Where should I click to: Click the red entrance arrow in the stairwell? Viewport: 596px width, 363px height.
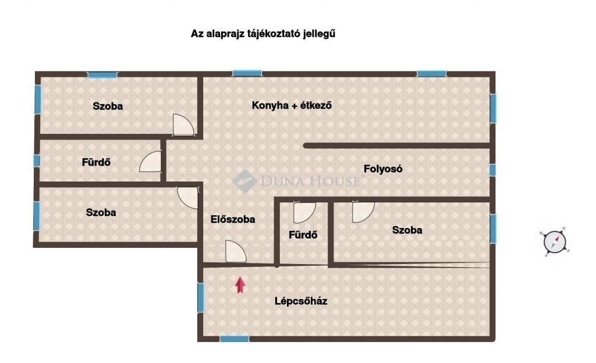(240, 285)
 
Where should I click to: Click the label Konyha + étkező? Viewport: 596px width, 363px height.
(292, 105)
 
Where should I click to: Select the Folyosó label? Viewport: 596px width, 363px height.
(383, 169)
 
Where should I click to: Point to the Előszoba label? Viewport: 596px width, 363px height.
(233, 219)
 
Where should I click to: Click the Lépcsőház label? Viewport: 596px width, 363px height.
(301, 301)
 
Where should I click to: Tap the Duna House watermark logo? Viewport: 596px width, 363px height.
(296, 181)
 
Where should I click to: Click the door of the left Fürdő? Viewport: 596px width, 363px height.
(151, 161)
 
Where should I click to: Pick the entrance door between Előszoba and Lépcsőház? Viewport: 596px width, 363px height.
(235, 251)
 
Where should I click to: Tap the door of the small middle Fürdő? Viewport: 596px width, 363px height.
(304, 212)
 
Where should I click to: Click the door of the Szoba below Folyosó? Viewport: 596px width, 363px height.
(363, 212)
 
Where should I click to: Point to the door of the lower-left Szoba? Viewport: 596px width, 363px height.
(188, 198)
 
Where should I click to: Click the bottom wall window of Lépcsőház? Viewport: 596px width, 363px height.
(235, 339)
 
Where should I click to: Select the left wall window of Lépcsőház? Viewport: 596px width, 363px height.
(200, 298)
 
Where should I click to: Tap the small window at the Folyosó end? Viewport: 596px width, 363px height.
(492, 170)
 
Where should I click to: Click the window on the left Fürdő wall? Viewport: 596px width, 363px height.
(37, 161)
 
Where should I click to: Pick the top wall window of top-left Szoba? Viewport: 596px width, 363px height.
(102, 75)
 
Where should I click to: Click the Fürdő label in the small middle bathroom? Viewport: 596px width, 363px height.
(303, 235)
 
